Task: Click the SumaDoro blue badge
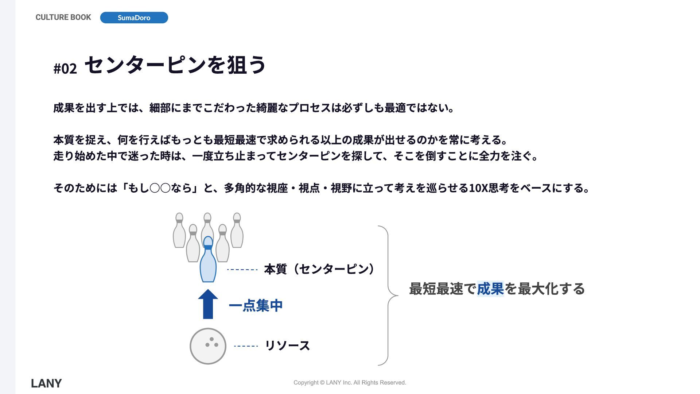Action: (x=134, y=18)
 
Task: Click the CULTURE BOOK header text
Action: (x=63, y=18)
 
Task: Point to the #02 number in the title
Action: (x=65, y=69)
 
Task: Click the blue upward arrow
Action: (x=208, y=304)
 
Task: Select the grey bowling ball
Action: (x=208, y=346)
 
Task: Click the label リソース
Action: (x=287, y=345)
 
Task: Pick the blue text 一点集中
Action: (x=256, y=305)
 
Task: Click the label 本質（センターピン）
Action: (x=319, y=269)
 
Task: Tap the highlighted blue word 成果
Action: (x=490, y=289)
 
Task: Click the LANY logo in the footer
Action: (x=46, y=383)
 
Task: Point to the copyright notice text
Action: (x=350, y=382)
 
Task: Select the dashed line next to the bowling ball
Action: (x=246, y=346)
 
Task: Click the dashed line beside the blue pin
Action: (x=242, y=270)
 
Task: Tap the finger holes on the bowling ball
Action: (x=211, y=343)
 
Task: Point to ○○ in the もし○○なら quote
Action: (x=160, y=188)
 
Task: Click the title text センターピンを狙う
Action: (x=175, y=65)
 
